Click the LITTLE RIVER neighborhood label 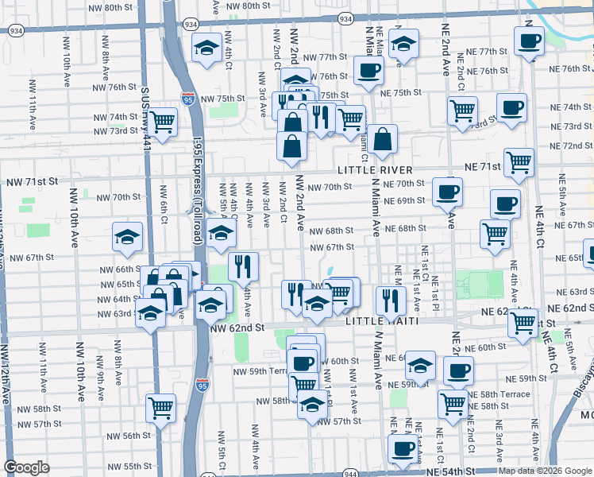pos(375,170)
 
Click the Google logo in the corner pos(26,467)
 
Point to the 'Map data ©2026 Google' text pos(544,471)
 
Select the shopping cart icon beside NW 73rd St pos(162,122)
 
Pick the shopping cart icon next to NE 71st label pos(519,161)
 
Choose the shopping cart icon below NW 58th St pos(161,408)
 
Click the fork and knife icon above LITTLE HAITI pos(390,300)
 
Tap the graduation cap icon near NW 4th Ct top pos(207,48)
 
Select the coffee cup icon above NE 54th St pos(403,448)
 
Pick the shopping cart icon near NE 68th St pos(495,234)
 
